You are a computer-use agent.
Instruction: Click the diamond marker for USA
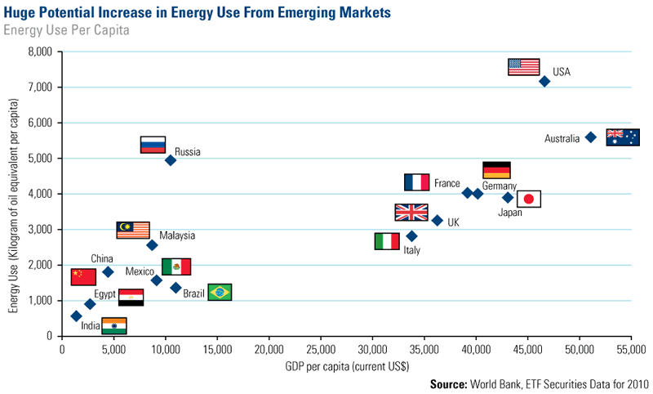point(544,81)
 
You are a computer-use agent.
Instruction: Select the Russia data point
point(171,160)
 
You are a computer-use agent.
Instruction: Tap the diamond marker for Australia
point(591,137)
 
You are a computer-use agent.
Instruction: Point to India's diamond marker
point(76,316)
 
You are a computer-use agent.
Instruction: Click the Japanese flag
point(529,199)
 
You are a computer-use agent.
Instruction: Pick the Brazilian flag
point(220,292)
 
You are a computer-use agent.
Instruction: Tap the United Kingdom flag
point(411,213)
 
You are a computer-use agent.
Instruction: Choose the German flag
point(496,170)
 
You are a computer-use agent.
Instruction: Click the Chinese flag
point(83,276)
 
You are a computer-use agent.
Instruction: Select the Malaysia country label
point(177,235)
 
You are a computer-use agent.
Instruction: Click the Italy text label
point(412,250)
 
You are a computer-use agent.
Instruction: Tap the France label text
point(447,184)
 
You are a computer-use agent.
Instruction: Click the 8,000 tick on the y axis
point(39,51)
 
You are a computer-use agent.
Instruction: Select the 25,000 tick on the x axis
point(321,351)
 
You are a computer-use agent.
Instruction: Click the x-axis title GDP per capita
point(347,367)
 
